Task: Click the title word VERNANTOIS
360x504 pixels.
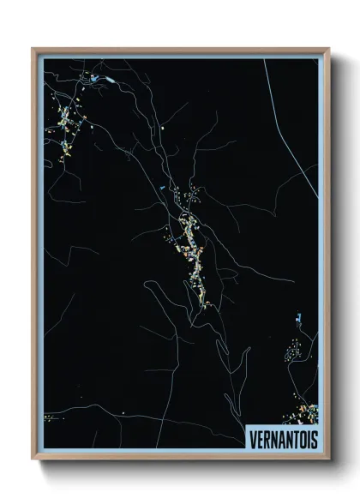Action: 281,436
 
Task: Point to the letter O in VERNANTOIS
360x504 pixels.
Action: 299,436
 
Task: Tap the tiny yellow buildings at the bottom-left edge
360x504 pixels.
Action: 48,417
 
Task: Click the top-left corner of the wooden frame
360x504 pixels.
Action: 33,49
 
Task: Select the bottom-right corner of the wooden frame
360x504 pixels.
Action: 328,459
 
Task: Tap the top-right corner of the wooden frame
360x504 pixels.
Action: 328,49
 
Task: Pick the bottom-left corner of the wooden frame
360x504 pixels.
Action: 33,459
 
